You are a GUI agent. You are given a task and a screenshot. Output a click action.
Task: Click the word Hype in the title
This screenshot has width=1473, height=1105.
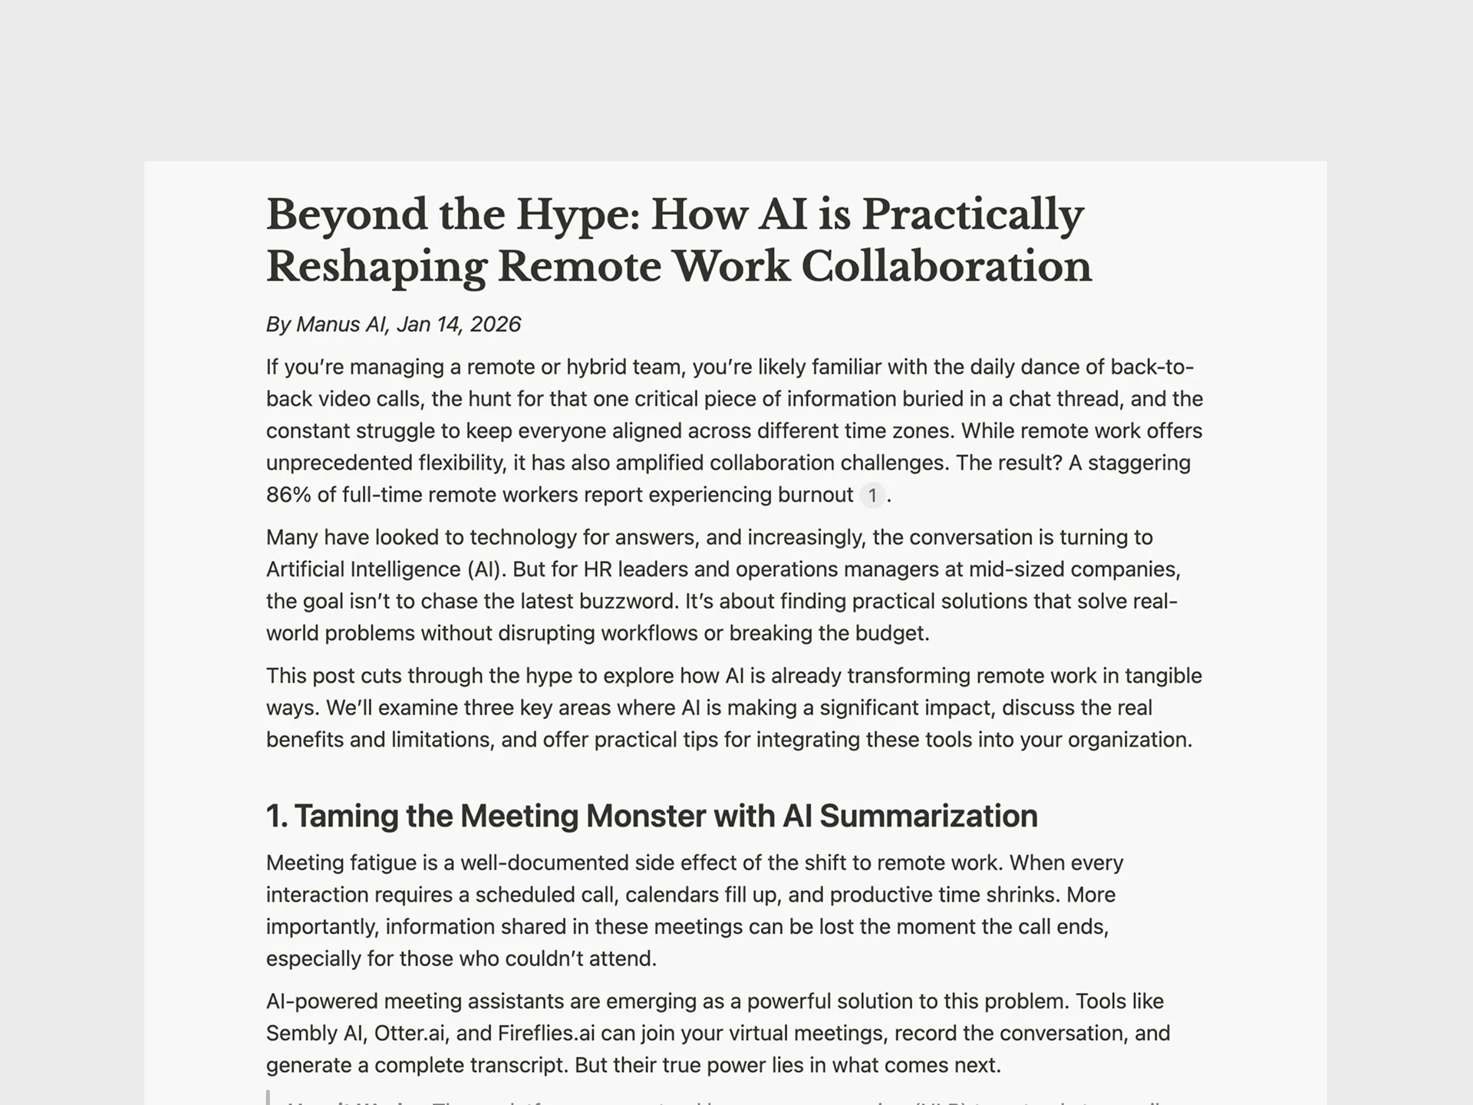[x=576, y=215]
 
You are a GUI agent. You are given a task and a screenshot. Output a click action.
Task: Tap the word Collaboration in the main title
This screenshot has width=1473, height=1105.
[x=946, y=267]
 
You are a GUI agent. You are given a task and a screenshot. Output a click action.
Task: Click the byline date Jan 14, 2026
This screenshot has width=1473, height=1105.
[x=459, y=325]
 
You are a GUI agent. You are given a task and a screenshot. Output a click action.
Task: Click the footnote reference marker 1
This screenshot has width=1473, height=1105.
[x=872, y=496]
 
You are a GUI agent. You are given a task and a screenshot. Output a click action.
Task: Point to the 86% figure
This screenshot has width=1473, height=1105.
[x=288, y=495]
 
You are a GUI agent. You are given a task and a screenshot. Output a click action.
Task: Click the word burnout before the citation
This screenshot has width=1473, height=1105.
[x=815, y=495]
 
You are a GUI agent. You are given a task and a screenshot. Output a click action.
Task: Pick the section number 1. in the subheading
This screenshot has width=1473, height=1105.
[x=277, y=816]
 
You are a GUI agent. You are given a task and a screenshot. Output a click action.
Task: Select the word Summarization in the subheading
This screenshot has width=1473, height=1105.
[x=928, y=816]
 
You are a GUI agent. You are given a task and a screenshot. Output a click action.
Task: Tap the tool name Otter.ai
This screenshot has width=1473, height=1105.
[x=410, y=1034]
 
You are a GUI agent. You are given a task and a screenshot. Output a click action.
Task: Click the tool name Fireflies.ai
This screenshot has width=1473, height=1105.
[x=545, y=1034]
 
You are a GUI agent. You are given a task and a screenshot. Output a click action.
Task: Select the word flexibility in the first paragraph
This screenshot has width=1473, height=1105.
[x=460, y=463]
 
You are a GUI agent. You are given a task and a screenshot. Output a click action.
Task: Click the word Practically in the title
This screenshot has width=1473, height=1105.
[x=972, y=215]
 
